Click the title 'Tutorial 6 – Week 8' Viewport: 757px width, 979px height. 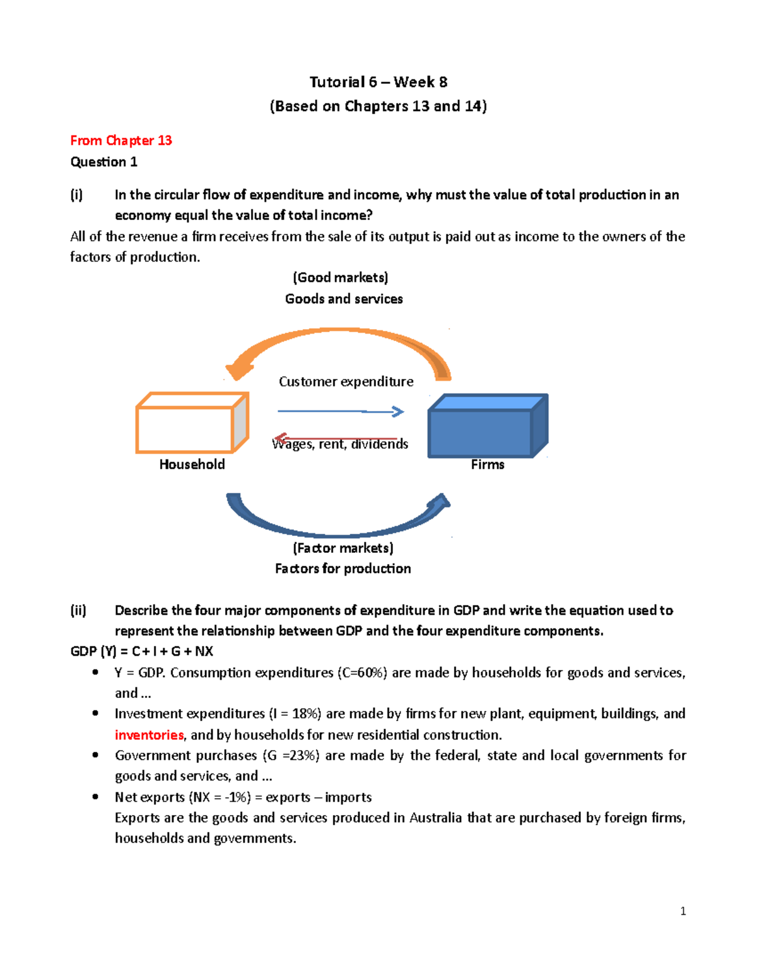(378, 82)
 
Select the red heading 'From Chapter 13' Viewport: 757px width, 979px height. (121, 141)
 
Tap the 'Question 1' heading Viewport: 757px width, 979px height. (103, 162)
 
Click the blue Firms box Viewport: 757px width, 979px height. (480, 432)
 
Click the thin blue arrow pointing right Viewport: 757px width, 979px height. (341, 412)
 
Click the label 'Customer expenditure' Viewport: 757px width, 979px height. (346, 382)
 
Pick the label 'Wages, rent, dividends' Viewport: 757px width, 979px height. (341, 445)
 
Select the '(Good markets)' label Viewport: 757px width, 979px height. (341, 277)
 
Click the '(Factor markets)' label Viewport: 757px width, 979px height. (343, 548)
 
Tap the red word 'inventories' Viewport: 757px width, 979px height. (149, 735)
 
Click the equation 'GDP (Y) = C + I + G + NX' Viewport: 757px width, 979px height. (142, 652)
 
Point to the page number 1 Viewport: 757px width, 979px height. (683, 911)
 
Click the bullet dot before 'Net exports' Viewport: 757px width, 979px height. (95, 797)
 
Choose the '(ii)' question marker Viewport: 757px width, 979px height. (78, 610)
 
